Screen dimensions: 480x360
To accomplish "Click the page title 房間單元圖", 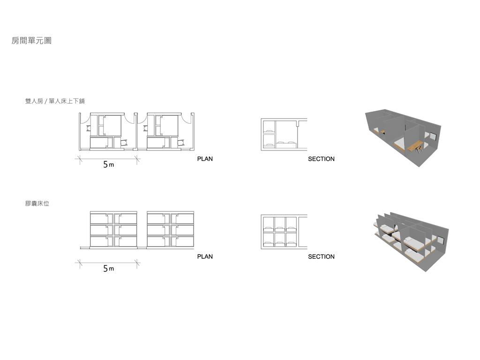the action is [x=31, y=41].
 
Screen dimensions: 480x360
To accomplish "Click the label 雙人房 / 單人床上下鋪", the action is [x=55, y=101].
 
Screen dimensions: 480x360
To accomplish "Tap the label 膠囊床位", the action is [x=37, y=203].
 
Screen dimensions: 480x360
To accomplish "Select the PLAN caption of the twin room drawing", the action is [x=205, y=159].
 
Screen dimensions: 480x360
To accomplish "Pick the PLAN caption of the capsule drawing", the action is [x=205, y=256].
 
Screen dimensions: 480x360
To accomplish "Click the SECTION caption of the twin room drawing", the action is [x=321, y=159].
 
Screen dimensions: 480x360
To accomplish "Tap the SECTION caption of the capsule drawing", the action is [x=321, y=256].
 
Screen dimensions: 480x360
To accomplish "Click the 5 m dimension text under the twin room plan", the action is [x=108, y=165].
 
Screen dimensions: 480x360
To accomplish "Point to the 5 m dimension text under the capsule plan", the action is [x=108, y=269].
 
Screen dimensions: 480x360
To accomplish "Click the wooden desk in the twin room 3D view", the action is [x=414, y=146].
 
